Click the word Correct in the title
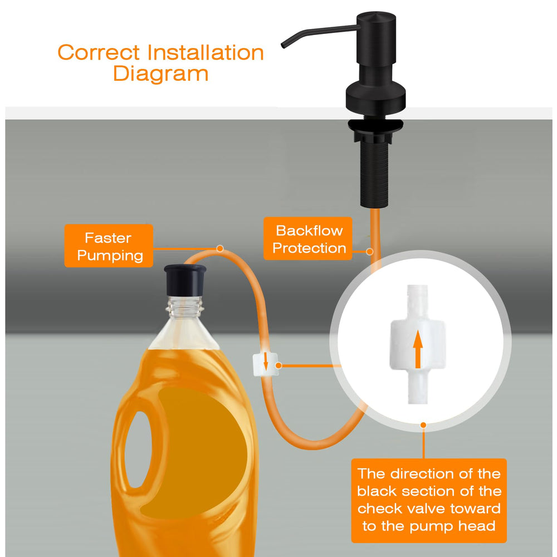click(x=99, y=52)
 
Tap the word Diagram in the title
click(x=160, y=74)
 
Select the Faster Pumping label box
click(x=109, y=246)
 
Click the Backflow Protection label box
click(x=307, y=239)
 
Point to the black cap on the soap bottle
click(x=185, y=280)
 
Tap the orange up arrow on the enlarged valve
click(x=418, y=349)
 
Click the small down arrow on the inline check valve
click(x=265, y=361)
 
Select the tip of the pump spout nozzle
click(x=283, y=46)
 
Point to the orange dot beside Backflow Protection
click(x=370, y=252)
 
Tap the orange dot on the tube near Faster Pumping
click(x=220, y=248)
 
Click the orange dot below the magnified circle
click(x=423, y=425)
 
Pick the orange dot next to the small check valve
click(x=278, y=365)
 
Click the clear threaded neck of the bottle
click(x=185, y=307)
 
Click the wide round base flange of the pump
click(x=376, y=97)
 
